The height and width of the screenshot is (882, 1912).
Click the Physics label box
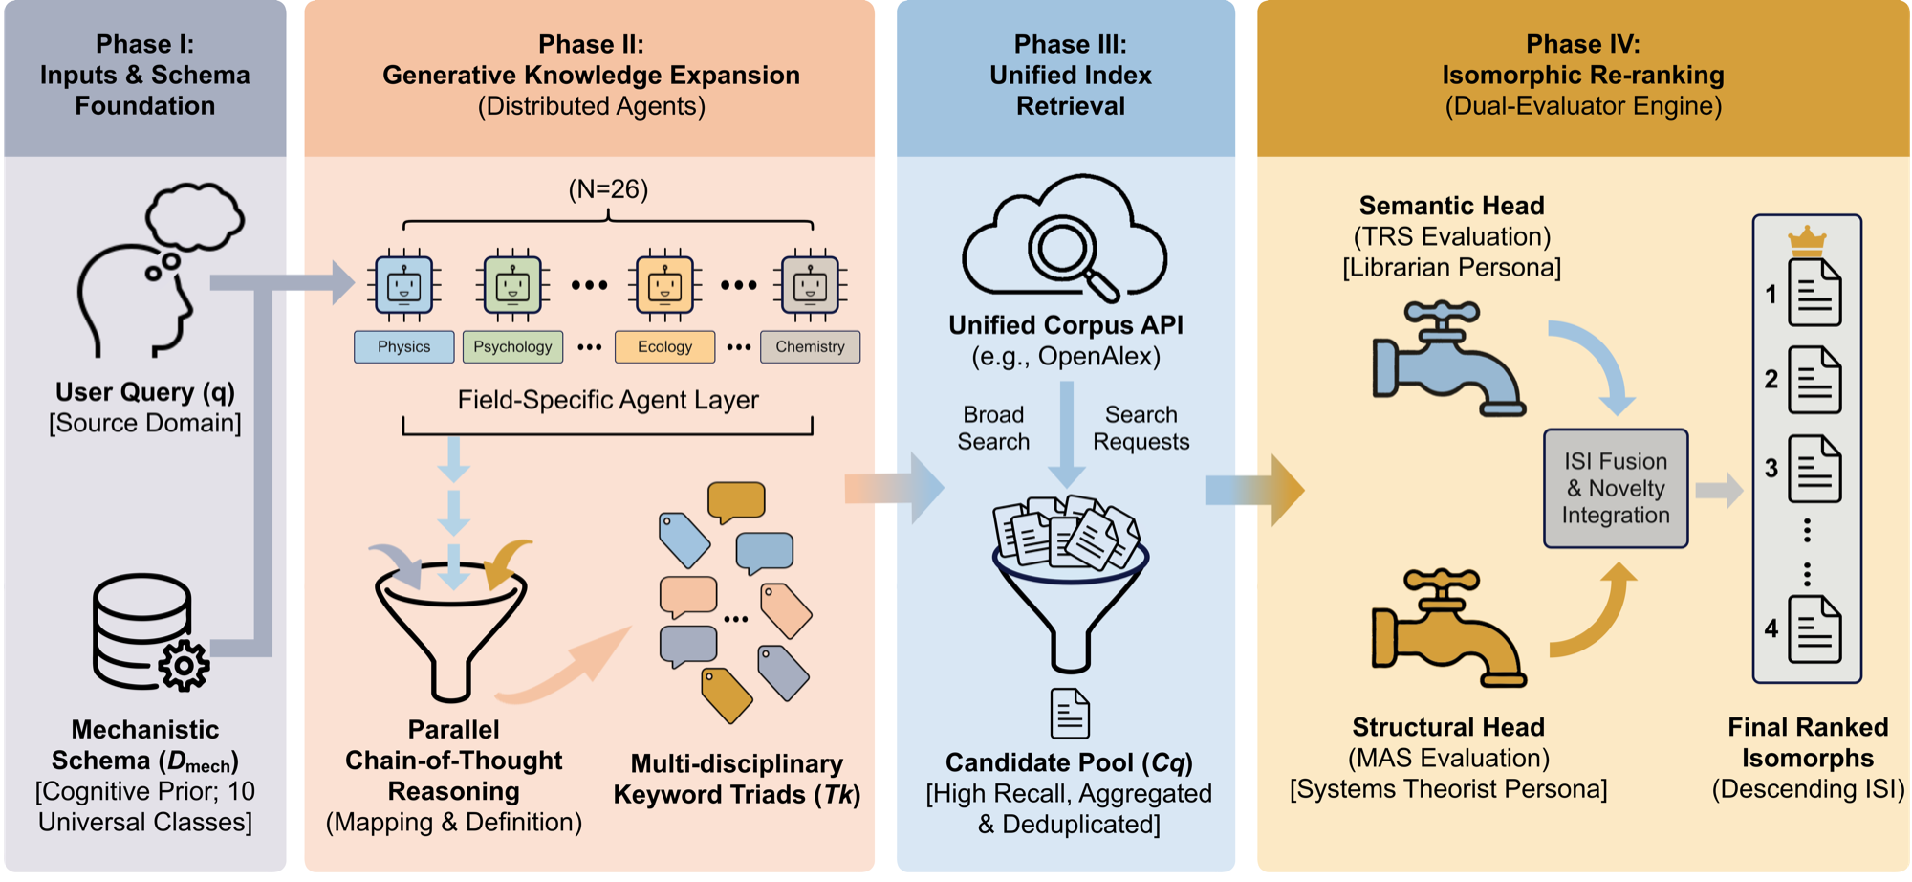(403, 346)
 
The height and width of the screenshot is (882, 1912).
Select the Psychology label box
(512, 346)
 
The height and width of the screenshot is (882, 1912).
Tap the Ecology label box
(664, 346)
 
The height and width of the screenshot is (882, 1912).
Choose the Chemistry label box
(810, 346)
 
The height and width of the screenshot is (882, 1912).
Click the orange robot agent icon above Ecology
(664, 285)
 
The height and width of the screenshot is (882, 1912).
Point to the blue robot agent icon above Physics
(403, 285)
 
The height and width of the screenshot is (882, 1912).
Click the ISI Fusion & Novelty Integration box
(1616, 488)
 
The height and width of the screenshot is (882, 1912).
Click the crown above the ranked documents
(1807, 241)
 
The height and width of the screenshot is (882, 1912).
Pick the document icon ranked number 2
(1814, 380)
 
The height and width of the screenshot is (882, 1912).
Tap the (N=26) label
(608, 189)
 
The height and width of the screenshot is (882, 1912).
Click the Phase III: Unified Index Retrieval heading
(1071, 75)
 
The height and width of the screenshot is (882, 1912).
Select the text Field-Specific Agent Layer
(608, 400)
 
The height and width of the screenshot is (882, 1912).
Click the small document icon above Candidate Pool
(1070, 713)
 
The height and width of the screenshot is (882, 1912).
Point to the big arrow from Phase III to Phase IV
(1254, 490)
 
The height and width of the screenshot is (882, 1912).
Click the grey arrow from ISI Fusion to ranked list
(1719, 490)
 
